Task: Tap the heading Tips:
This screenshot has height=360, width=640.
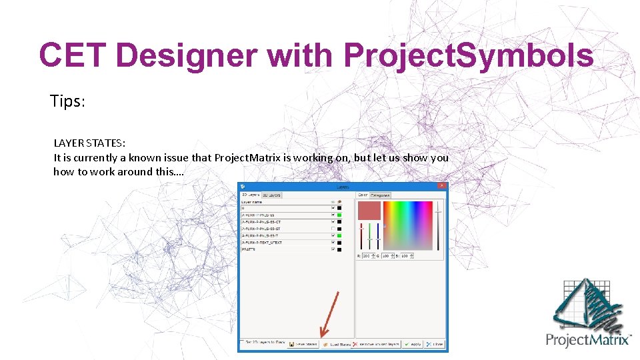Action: click(x=68, y=101)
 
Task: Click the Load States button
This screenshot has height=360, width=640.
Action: click(x=337, y=344)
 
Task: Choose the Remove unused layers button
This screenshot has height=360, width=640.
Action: click(x=377, y=344)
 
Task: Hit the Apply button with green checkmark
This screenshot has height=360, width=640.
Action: click(x=413, y=344)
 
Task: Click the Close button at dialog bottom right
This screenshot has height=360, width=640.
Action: click(x=435, y=344)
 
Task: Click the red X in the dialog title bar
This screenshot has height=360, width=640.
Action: click(x=441, y=187)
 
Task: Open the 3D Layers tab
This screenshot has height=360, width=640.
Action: click(x=271, y=195)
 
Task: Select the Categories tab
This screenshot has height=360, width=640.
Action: click(x=381, y=195)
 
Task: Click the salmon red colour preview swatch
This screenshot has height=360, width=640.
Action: click(x=369, y=210)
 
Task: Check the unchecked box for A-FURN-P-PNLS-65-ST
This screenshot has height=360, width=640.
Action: click(x=333, y=229)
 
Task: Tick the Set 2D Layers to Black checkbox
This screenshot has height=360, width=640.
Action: click(x=243, y=343)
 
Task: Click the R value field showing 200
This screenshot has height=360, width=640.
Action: click(x=367, y=255)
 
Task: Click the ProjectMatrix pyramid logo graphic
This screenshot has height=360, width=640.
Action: click(x=586, y=304)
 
